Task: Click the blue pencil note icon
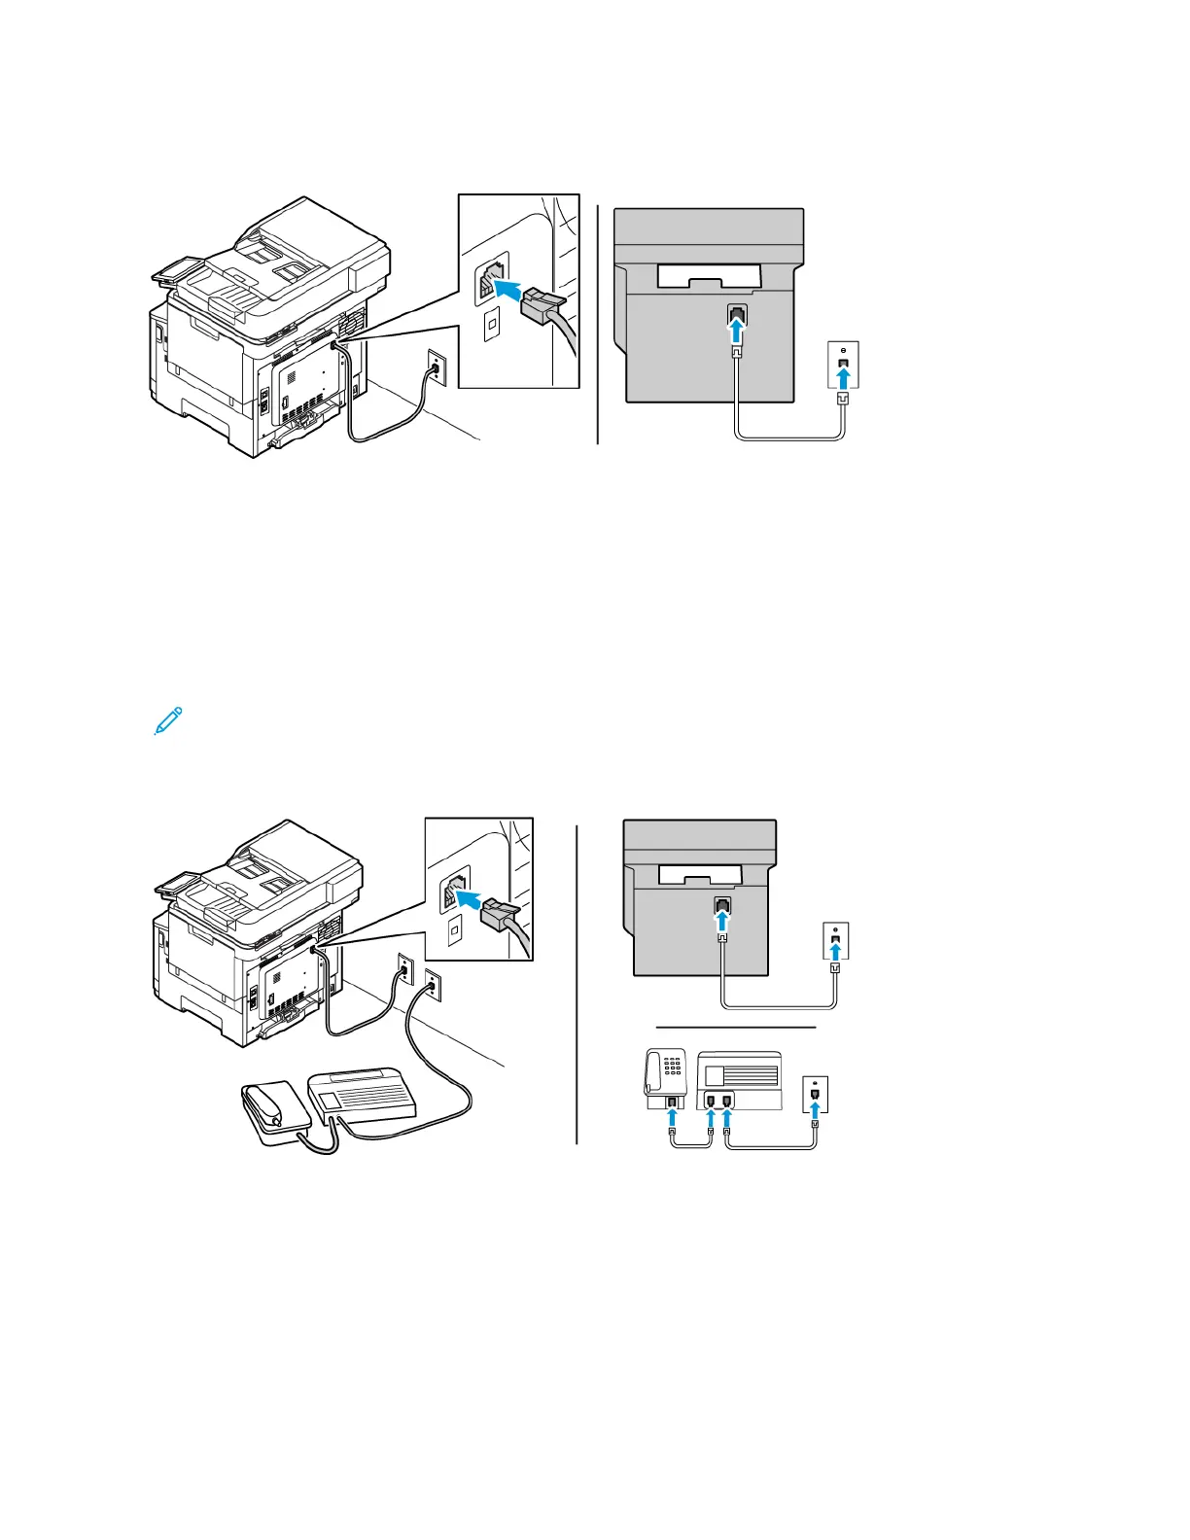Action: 168,720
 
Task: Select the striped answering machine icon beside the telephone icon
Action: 740,1080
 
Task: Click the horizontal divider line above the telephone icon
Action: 735,1026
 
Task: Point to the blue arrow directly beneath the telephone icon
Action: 672,1117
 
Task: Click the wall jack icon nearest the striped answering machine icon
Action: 815,1094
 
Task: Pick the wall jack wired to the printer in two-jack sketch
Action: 403,971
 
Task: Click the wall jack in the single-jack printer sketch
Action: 436,368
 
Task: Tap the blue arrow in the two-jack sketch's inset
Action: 469,900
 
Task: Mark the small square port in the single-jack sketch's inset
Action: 492,323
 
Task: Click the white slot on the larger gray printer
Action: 708,277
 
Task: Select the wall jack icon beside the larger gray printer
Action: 843,365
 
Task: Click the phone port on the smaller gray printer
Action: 721,905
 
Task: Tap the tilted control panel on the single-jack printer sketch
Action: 176,269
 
